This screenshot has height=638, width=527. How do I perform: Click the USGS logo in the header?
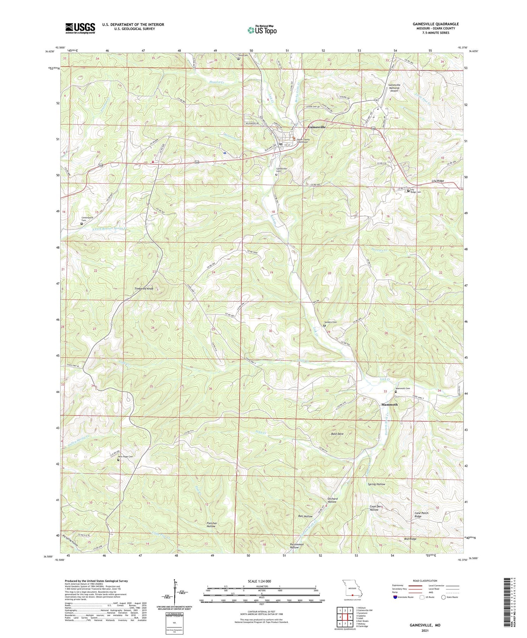[x=80, y=28]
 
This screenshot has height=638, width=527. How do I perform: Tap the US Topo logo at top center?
[x=262, y=30]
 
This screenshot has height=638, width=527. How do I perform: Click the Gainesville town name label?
[x=317, y=127]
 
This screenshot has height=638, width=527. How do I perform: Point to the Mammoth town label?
[x=390, y=405]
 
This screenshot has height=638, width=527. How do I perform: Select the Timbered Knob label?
[x=144, y=289]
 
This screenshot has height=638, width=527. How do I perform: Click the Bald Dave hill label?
[x=337, y=434]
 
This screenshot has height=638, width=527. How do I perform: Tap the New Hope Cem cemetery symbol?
[x=118, y=460]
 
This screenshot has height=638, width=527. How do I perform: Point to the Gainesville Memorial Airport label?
[x=394, y=88]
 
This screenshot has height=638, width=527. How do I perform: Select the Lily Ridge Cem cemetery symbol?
[x=408, y=191]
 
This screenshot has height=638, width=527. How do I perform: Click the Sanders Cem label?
[x=330, y=322]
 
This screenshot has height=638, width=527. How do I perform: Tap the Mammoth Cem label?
[x=403, y=389]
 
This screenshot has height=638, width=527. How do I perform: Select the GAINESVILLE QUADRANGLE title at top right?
[x=436, y=24]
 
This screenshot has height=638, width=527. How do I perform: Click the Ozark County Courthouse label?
[x=302, y=140]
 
